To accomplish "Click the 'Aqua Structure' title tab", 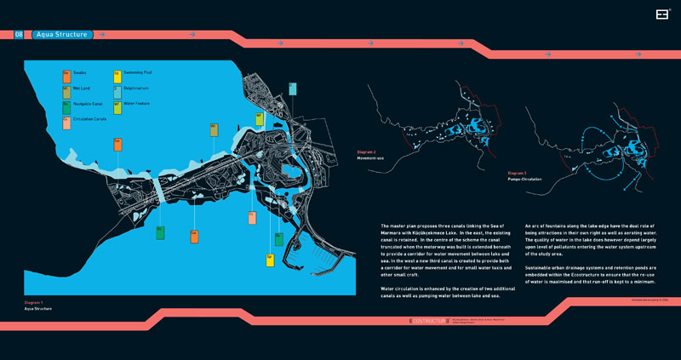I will pyautogui.click(x=61, y=35).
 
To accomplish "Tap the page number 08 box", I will pyautogui.click(x=19, y=35).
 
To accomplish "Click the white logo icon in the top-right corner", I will pyautogui.click(x=661, y=14).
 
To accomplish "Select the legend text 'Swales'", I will pyautogui.click(x=80, y=74).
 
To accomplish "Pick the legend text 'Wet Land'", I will pyautogui.click(x=82, y=89).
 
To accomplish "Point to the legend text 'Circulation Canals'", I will pyautogui.click(x=92, y=119).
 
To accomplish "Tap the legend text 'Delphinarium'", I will pyautogui.click(x=137, y=89).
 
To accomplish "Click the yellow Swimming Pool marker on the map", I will pyautogui.click(x=270, y=260).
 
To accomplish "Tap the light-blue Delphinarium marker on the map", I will pyautogui.click(x=292, y=88).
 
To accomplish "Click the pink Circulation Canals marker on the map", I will pyautogui.click(x=252, y=217).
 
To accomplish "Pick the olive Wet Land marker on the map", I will pyautogui.click(x=215, y=129).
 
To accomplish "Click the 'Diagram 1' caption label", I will pyautogui.click(x=33, y=302).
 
